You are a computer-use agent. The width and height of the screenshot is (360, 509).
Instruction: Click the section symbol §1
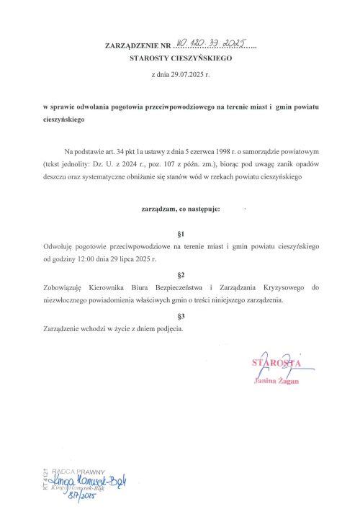(180, 234)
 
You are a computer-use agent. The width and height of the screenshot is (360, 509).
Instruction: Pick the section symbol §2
(180, 275)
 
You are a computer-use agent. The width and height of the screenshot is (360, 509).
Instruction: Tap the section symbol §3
(180, 316)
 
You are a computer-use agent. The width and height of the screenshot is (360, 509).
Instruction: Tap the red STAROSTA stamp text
(274, 362)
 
